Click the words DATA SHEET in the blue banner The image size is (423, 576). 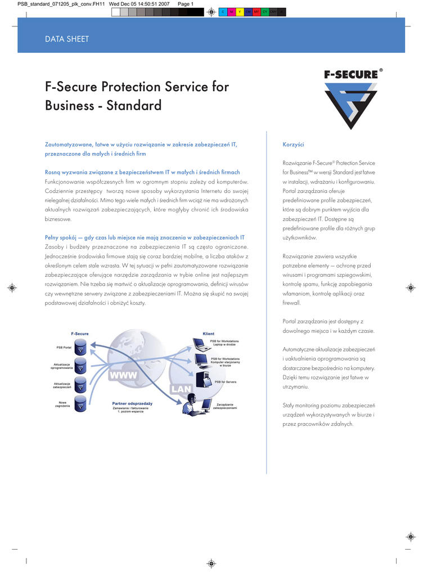[x=67, y=39]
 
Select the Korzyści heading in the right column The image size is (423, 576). [x=293, y=145]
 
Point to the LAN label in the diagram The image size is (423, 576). [x=181, y=389]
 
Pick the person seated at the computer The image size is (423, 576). [x=191, y=404]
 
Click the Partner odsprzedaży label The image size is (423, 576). [x=132, y=403]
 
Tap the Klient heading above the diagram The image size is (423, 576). [x=208, y=334]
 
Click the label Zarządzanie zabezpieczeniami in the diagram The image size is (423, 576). [x=225, y=406]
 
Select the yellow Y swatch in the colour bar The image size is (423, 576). [x=240, y=12]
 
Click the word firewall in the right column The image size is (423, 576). [x=291, y=302]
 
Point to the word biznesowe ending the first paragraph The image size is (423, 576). [x=58, y=219]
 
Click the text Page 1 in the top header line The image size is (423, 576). [x=186, y=4]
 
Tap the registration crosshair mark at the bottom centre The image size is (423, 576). [x=211, y=562]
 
